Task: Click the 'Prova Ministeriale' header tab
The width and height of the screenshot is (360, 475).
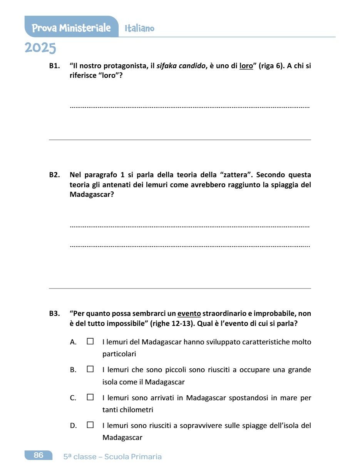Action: tap(71, 28)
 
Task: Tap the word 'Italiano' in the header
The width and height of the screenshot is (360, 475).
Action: tap(139, 29)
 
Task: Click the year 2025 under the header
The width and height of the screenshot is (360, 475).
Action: tap(40, 48)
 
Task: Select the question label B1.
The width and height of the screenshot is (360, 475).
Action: tap(54, 66)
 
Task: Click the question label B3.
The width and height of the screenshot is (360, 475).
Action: tap(54, 314)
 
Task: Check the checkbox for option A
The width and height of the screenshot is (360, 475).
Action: tap(90, 341)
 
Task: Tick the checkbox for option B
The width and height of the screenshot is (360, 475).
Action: tap(90, 369)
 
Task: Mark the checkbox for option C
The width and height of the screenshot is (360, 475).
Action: tap(90, 397)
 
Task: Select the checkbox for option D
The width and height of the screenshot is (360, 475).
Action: tap(90, 425)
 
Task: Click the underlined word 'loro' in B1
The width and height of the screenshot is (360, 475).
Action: tap(246, 66)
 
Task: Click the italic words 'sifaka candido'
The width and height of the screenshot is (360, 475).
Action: tap(181, 66)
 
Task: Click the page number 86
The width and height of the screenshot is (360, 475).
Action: tap(39, 455)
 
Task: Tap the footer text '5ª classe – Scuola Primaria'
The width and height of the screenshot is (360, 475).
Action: tap(112, 457)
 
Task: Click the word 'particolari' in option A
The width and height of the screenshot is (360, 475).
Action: tap(119, 354)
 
